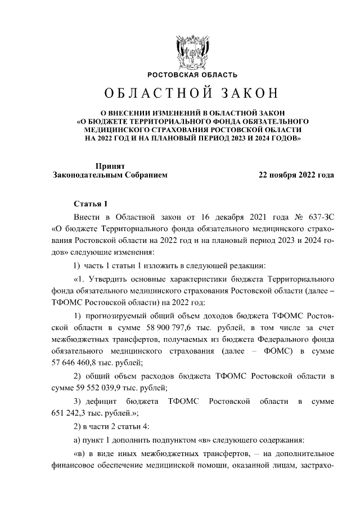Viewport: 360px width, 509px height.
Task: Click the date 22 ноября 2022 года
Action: pyautogui.click(x=296, y=175)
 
